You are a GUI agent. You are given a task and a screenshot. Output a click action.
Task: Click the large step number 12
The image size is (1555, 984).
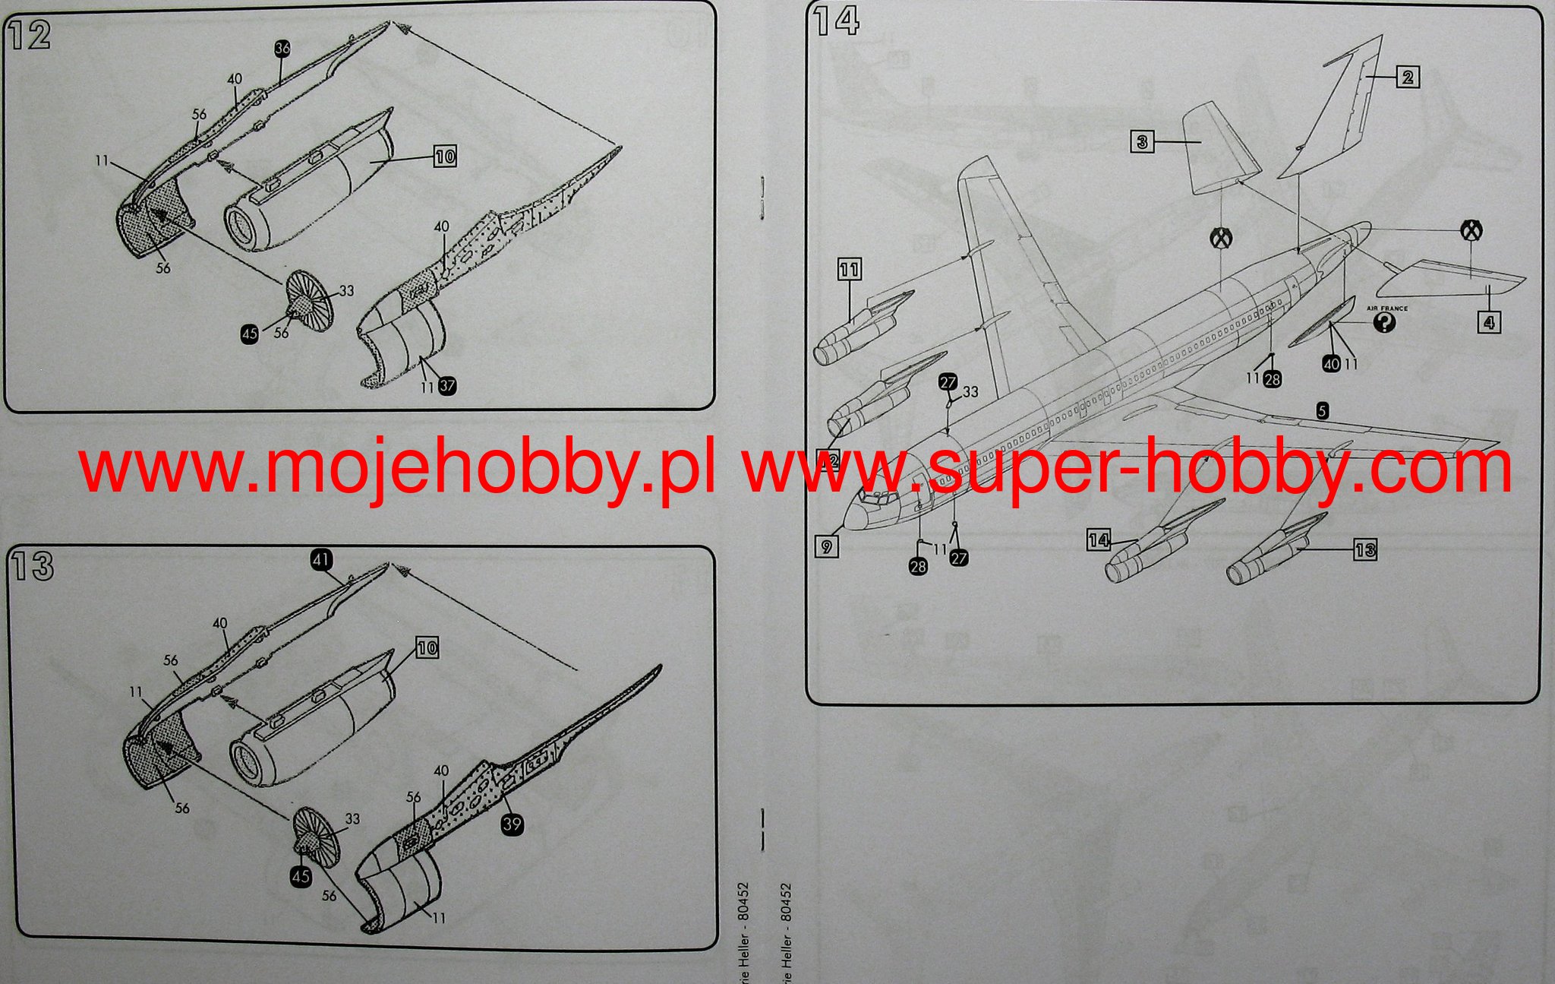[x=30, y=36]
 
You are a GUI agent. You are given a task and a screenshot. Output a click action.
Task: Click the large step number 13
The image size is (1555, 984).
[x=32, y=565]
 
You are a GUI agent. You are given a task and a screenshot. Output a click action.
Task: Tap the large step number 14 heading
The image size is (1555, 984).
[x=836, y=21]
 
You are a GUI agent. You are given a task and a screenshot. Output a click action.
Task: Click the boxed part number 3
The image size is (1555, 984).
[x=1142, y=141]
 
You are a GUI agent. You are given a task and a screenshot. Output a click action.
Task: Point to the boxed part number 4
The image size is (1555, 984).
[x=1489, y=322]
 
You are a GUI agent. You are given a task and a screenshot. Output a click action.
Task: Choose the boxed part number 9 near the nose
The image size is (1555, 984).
[x=827, y=546]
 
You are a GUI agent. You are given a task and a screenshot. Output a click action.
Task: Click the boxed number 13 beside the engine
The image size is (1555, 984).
[x=1364, y=549]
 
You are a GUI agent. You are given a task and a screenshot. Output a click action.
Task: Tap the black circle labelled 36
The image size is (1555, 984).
[x=282, y=49]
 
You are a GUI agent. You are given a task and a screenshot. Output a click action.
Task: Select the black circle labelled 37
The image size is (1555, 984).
[x=447, y=386]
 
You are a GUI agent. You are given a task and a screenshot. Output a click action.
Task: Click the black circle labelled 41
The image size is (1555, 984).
[x=321, y=560]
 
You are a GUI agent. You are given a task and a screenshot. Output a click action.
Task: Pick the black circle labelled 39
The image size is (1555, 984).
[x=513, y=824]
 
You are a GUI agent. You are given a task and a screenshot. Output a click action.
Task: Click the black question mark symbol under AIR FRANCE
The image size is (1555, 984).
[x=1385, y=324]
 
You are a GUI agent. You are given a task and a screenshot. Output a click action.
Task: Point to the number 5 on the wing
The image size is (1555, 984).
[x=1322, y=411]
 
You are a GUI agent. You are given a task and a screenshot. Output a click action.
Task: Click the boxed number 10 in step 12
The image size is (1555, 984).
[x=445, y=157]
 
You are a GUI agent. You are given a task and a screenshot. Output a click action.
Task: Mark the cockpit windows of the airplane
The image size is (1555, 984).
[x=875, y=498]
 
